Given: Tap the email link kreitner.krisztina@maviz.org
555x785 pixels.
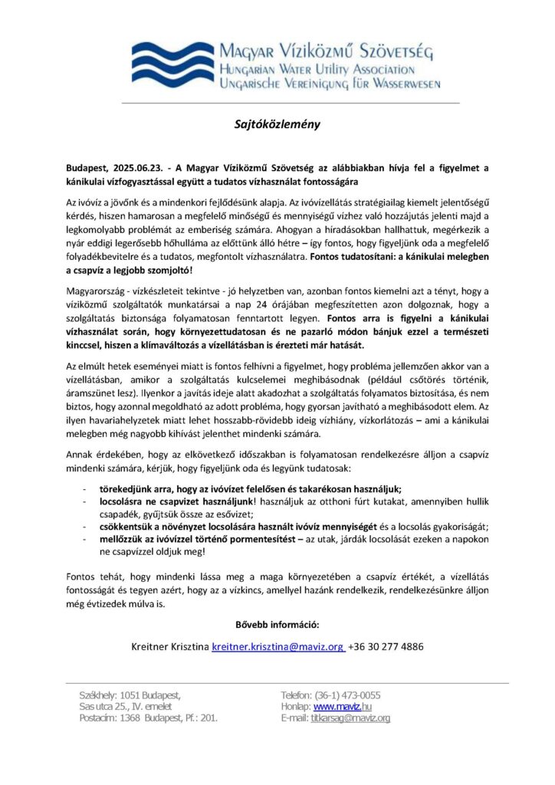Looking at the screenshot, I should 277,646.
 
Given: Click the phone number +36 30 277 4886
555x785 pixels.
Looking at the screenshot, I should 385,646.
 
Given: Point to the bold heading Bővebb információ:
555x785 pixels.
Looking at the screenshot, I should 277,624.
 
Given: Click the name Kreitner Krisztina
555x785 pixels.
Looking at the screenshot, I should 170,646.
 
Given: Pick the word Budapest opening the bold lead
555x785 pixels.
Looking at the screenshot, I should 88,167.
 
